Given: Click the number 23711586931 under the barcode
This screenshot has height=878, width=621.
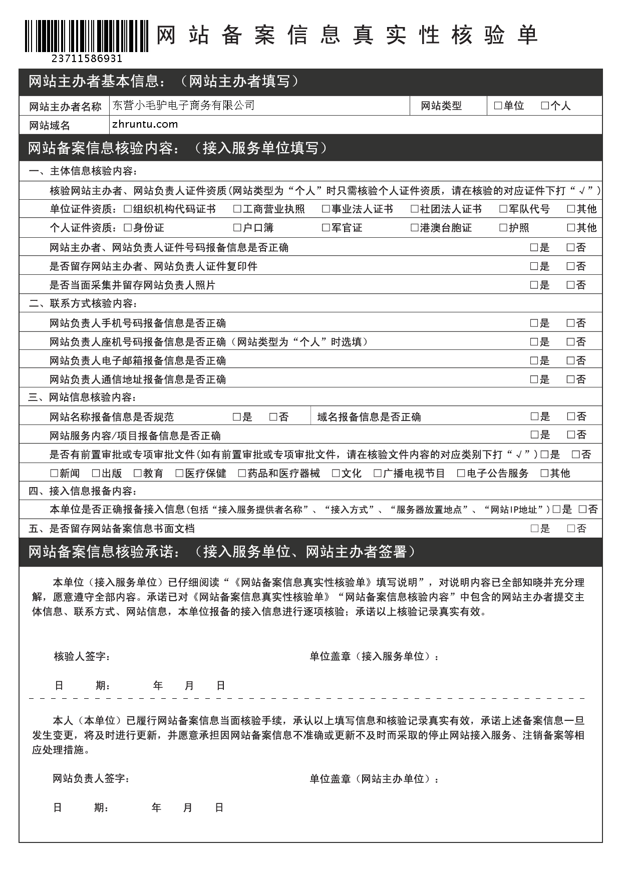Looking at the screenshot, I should [x=87, y=59].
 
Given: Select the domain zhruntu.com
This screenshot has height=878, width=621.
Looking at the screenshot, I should [x=145, y=124].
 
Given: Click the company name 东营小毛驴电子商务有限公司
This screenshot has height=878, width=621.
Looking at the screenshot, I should [x=183, y=105].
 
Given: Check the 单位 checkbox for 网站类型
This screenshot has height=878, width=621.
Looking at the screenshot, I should [x=498, y=106].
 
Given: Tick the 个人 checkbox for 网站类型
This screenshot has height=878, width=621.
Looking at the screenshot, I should [x=545, y=106].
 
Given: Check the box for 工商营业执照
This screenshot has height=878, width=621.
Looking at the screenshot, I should [x=237, y=209].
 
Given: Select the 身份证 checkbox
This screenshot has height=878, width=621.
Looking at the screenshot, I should [x=128, y=228].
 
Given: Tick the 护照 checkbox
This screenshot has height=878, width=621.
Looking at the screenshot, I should [x=503, y=228].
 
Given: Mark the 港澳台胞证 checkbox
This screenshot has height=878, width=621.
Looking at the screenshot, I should [x=414, y=228].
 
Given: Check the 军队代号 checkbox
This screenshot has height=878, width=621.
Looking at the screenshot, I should [x=503, y=209].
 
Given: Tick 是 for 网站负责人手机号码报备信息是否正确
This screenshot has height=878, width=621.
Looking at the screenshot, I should [x=534, y=323].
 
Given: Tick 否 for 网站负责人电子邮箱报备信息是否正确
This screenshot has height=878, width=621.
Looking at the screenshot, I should [x=570, y=361].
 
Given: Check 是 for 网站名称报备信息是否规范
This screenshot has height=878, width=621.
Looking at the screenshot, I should [x=237, y=417].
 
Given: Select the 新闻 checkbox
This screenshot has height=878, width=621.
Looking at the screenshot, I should [x=54, y=474].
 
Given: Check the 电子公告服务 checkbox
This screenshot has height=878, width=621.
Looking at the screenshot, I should [x=461, y=474].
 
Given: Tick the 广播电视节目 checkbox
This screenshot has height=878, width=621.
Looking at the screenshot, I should [x=378, y=474].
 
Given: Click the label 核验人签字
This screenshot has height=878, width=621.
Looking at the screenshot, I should [x=82, y=656].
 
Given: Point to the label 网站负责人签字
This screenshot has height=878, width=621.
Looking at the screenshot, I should [x=92, y=778].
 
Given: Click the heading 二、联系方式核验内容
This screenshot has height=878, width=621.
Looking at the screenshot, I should [x=83, y=304].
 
